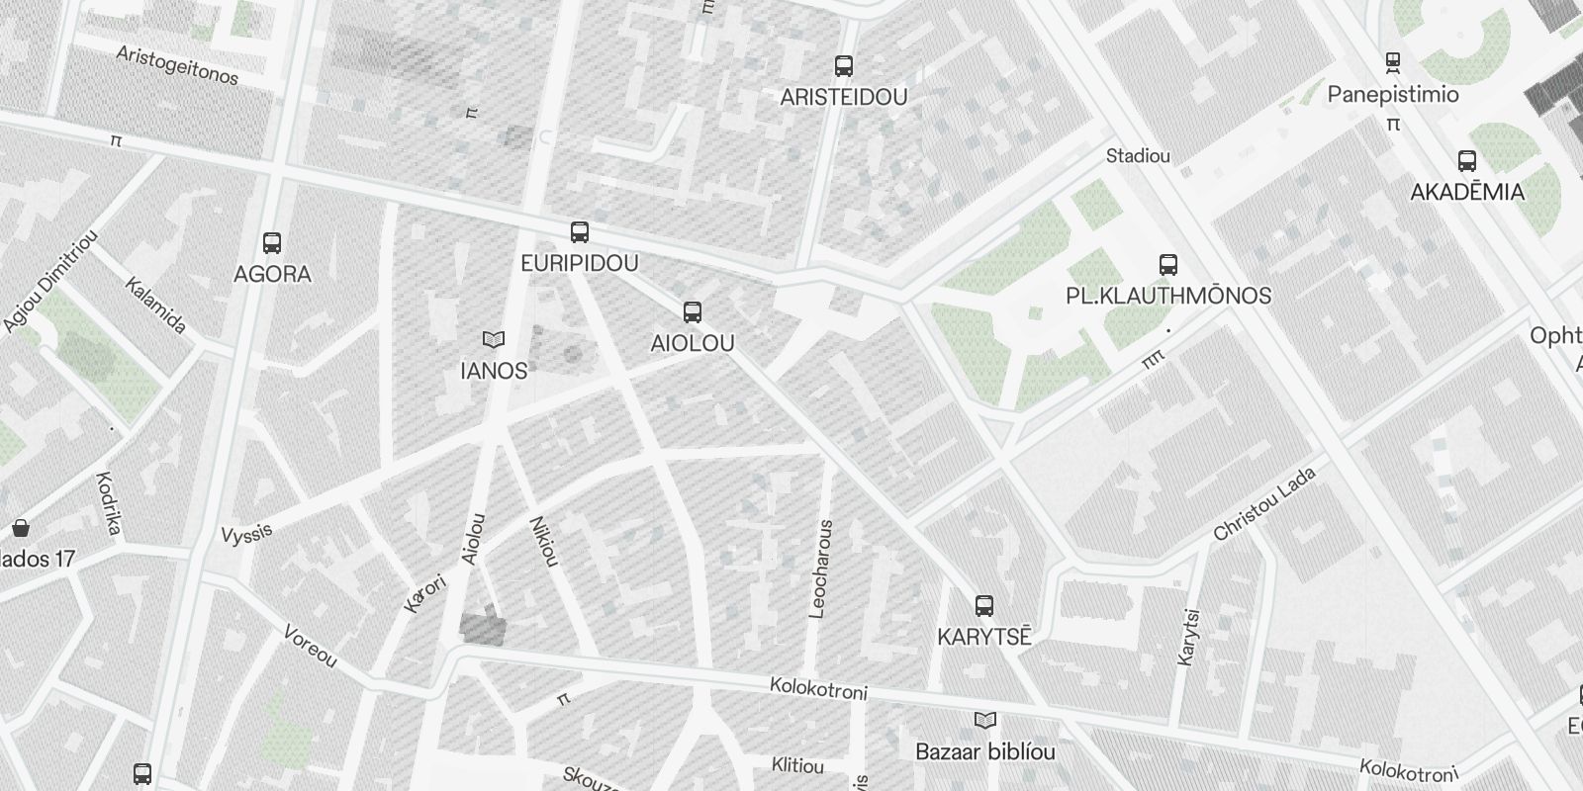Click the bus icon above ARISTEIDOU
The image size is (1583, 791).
pyautogui.click(x=844, y=66)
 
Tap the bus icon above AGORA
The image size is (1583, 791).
pyautogui.click(x=272, y=242)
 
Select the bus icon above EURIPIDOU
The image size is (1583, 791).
pyautogui.click(x=580, y=232)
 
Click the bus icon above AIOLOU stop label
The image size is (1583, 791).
pyautogui.click(x=693, y=312)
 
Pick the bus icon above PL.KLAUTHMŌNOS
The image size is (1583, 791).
pyautogui.click(x=1168, y=265)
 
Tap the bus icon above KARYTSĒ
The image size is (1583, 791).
pyautogui.click(x=983, y=605)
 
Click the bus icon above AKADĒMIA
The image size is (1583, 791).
pyautogui.click(x=1467, y=160)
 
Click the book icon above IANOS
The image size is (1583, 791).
pyautogui.click(x=494, y=340)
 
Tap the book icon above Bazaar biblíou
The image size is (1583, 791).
pyautogui.click(x=985, y=720)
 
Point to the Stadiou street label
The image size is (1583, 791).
pyautogui.click(x=1138, y=156)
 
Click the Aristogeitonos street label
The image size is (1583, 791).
pyautogui.click(x=177, y=65)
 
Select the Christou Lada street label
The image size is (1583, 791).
pyautogui.click(x=1264, y=503)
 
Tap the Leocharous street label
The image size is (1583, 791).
pyautogui.click(x=821, y=570)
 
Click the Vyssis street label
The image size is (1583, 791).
pyautogui.click(x=246, y=534)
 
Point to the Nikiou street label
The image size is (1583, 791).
pyautogui.click(x=545, y=542)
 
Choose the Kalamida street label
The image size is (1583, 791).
pyautogui.click(x=156, y=305)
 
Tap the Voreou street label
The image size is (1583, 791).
pyautogui.click(x=311, y=646)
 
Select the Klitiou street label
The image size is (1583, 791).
pyautogui.click(x=797, y=766)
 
